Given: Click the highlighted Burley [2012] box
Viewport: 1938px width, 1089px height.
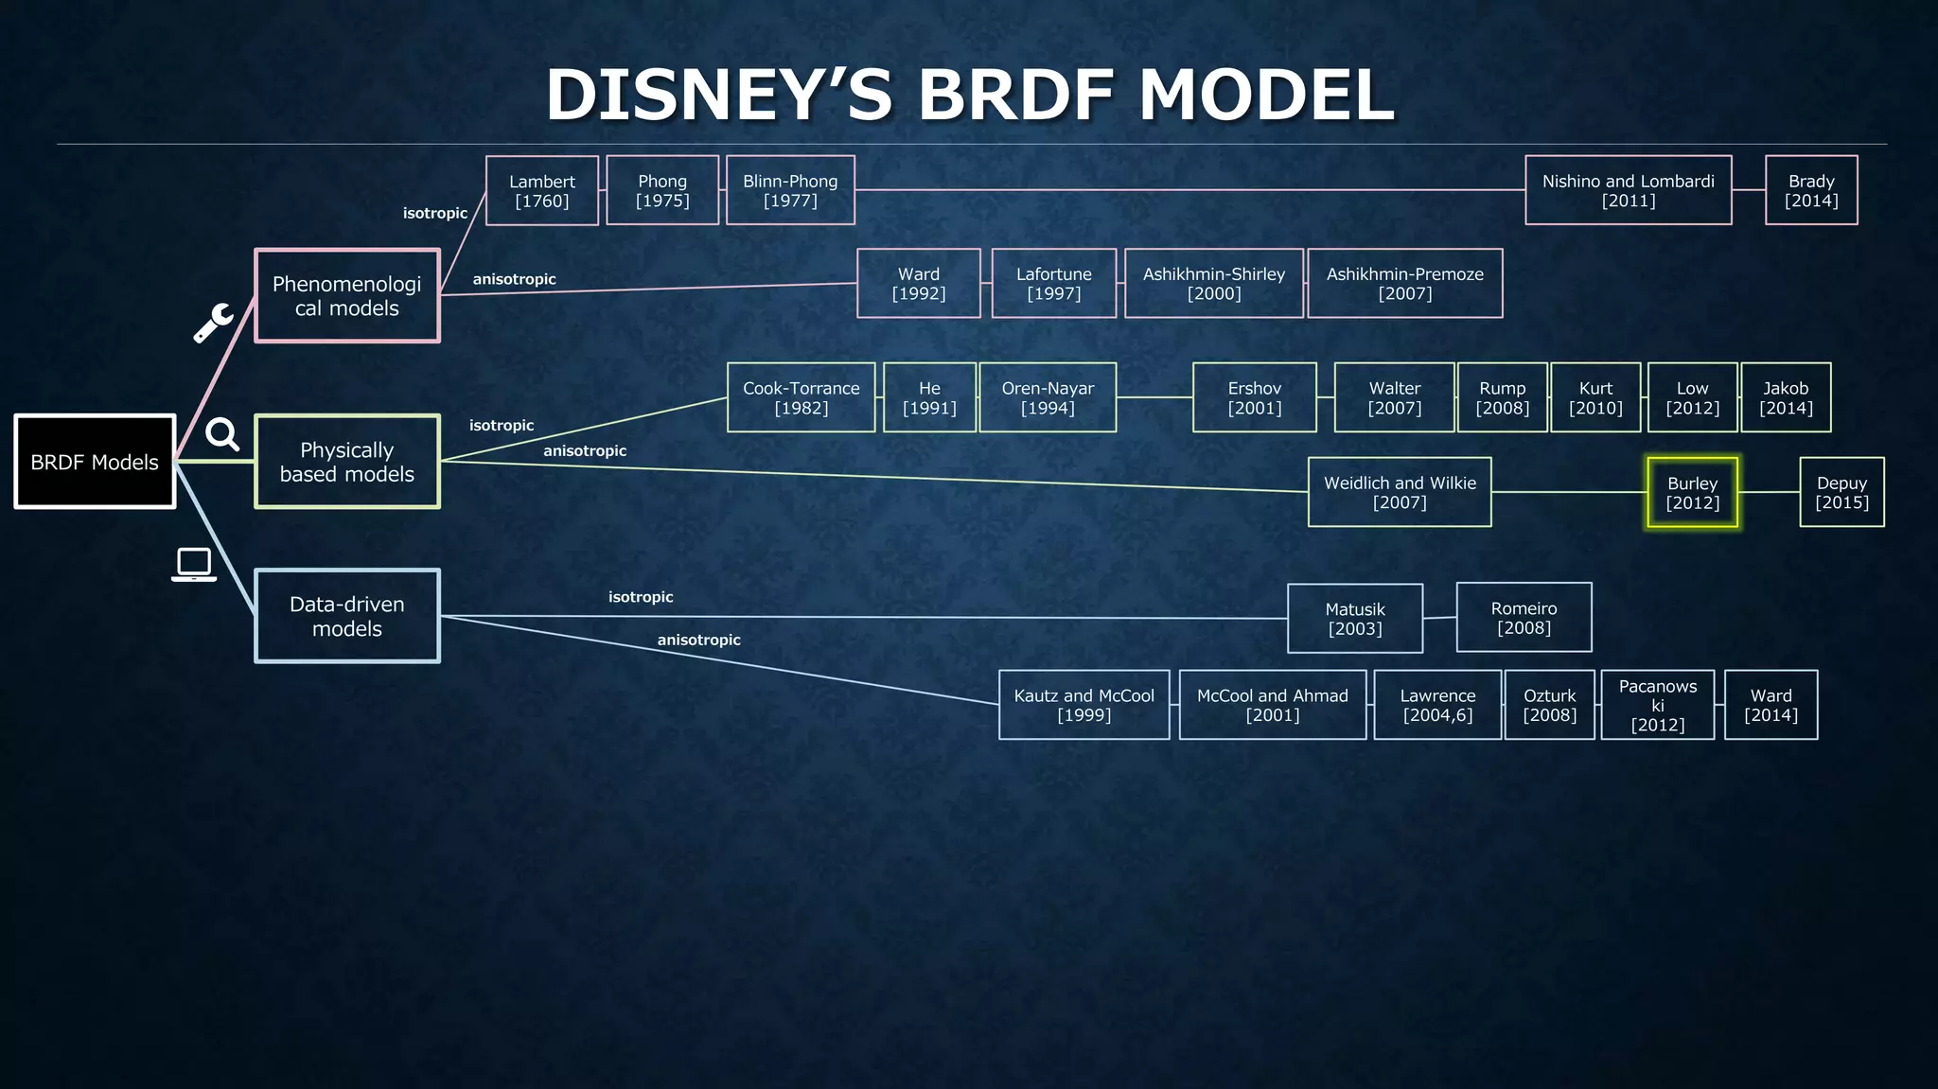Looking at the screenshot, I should point(1692,492).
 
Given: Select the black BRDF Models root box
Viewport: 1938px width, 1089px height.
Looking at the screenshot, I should point(95,462).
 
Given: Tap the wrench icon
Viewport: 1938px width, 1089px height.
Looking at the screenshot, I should point(213,323).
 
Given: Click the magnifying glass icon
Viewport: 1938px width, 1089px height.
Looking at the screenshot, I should point(222,434).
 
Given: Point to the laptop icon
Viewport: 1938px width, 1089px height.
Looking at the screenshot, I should point(194,565).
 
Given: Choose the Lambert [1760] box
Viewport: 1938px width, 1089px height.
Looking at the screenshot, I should point(541,190).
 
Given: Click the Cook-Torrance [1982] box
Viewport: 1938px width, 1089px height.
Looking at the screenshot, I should point(801,397).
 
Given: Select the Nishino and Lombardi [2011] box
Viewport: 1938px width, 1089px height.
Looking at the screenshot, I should point(1628,190).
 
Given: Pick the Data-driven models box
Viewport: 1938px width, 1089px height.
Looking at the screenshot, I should point(346,616).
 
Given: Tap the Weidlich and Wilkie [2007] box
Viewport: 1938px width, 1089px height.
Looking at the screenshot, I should point(1400,492).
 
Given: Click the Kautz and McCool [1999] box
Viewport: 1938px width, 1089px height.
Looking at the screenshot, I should point(1084,705).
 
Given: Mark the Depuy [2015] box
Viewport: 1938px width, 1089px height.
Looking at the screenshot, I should point(1841,492).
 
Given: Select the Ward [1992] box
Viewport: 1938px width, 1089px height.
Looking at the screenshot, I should point(918,283).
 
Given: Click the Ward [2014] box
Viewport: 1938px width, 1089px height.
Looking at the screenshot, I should point(1771,705).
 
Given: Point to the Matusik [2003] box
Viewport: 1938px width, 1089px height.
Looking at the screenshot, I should point(1354,618).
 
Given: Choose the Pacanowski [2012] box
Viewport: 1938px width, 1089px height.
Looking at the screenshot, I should point(1657,705).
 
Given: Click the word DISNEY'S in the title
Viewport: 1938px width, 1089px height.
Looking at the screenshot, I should point(718,96).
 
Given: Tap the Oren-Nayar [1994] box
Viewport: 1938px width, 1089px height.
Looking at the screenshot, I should point(1048,397).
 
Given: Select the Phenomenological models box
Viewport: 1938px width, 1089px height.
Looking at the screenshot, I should point(346,295).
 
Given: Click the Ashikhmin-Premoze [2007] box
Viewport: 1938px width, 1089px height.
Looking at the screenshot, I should point(1404,283).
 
